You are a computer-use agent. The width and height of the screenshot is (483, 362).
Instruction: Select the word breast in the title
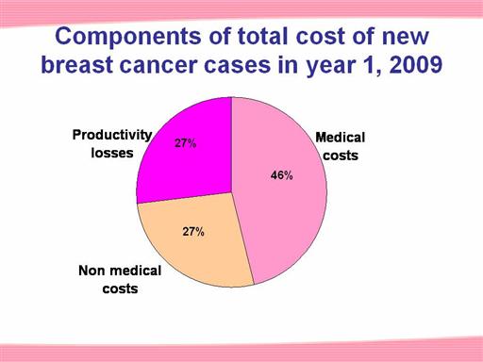coord(77,65)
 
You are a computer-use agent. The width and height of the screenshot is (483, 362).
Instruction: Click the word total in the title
coord(263,36)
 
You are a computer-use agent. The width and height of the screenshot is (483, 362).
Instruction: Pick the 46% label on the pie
coord(282,175)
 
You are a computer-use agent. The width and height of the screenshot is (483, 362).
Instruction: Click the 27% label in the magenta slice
coord(186,143)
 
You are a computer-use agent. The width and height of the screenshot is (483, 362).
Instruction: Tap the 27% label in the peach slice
coord(193,232)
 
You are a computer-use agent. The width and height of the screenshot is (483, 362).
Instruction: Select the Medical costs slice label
coord(341,146)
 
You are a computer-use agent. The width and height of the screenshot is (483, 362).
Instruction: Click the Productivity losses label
coord(112,144)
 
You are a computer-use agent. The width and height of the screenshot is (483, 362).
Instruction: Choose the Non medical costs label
coord(120,279)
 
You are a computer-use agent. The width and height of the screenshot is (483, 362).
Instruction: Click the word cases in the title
coord(238,66)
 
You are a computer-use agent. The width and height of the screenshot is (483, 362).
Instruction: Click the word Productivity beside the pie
coord(112,136)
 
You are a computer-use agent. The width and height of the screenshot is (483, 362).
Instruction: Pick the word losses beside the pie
coord(112,153)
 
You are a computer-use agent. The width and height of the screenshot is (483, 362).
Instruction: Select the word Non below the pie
coord(92,271)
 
